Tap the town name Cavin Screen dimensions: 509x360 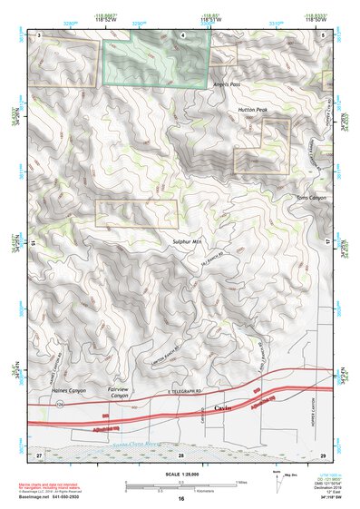223,410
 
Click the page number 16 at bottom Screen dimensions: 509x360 181,499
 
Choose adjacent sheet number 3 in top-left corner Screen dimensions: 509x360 40,34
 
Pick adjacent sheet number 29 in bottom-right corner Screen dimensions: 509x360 323,453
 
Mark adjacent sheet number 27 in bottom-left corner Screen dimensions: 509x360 39,453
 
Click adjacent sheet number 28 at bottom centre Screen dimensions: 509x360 181,453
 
